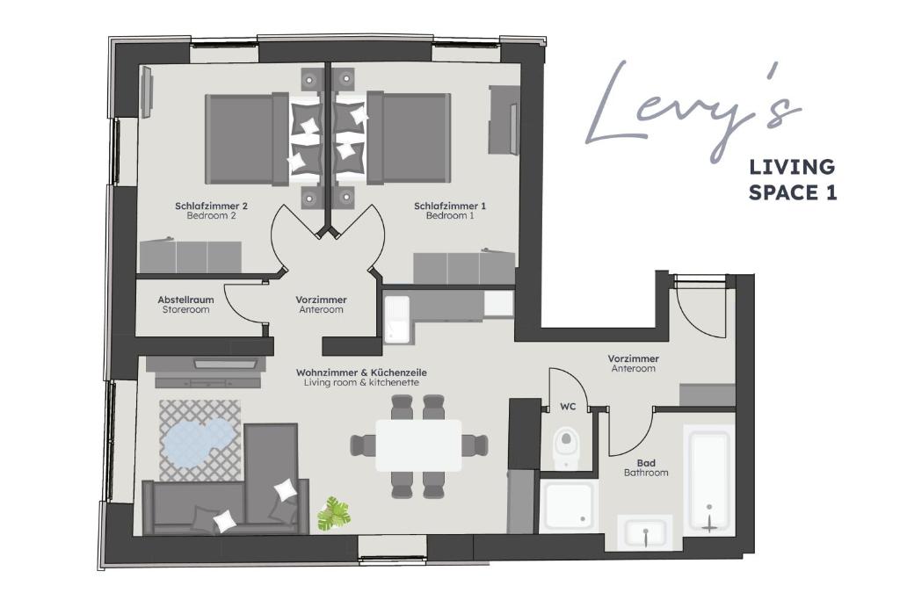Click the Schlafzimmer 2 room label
tap(211, 210)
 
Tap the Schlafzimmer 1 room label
tap(449, 210)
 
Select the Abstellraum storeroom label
tap(185, 304)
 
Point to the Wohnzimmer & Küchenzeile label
tap(361, 378)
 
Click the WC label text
tap(568, 407)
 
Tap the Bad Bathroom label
tap(646, 467)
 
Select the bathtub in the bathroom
tap(709, 480)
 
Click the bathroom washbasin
tap(645, 531)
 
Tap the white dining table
tap(418, 445)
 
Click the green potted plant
tap(334, 512)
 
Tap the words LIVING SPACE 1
tap(792, 179)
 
